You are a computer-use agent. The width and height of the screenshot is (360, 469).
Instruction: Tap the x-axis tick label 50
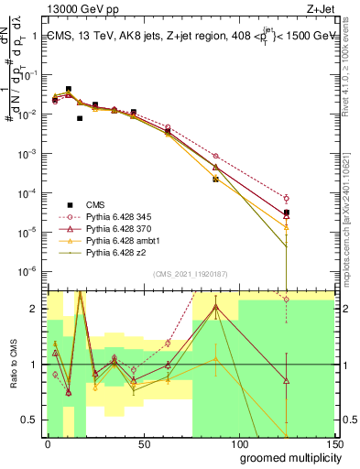[x=144, y=443]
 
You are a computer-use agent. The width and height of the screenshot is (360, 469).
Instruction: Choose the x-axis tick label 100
[x=238, y=443]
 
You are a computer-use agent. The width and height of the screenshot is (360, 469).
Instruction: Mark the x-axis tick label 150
[x=334, y=443]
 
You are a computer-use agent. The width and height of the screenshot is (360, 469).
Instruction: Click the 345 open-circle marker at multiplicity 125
[x=287, y=198]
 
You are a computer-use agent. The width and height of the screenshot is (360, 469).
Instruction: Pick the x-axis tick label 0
[x=48, y=443]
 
